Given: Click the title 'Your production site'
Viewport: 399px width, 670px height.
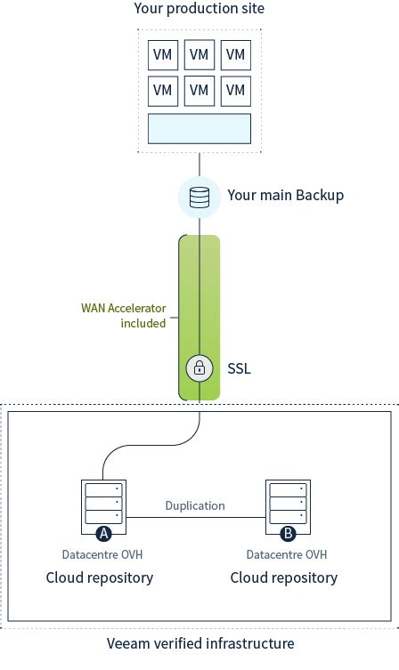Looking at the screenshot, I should coord(199,9).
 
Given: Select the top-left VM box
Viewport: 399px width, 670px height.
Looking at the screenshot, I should coord(162,54).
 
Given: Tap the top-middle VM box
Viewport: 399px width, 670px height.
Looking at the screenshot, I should coord(199,54).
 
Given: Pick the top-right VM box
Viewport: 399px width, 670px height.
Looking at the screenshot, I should coord(235,54).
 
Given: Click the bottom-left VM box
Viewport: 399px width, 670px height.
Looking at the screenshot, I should coord(162,90).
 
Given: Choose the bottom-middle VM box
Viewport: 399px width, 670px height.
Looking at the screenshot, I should coord(199,90).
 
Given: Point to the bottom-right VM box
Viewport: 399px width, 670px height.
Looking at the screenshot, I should coord(235,90).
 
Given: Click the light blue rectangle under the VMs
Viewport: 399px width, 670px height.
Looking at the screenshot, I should coord(199,128).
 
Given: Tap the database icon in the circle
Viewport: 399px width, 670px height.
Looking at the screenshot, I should coord(199,197).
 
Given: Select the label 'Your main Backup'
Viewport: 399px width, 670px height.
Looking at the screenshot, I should coord(285,196).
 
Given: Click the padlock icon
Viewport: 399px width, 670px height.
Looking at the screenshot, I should coord(199,367).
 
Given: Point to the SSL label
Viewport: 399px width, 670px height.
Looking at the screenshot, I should coord(240,367).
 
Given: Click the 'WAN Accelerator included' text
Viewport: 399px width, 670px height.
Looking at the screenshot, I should coord(124,316).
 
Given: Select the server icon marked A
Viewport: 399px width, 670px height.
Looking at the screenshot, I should coord(103,504).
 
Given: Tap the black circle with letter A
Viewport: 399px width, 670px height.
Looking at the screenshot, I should coord(103,534).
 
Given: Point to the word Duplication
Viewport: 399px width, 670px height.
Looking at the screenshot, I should coord(195,505).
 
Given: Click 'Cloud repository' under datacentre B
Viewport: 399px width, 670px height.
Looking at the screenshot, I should coord(284,578).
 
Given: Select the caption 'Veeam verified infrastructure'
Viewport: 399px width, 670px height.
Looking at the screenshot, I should coord(199,642).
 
